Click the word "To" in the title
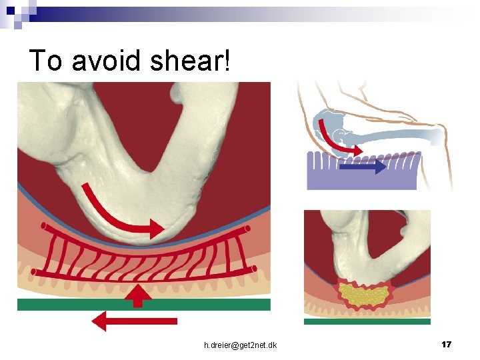[45, 61]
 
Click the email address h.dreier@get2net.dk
[241, 345]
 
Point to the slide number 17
[447, 344]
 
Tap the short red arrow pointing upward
[138, 295]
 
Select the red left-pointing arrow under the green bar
[133, 321]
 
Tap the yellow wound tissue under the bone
[364, 294]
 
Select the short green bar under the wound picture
[367, 321]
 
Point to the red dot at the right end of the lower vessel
[254, 268]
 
